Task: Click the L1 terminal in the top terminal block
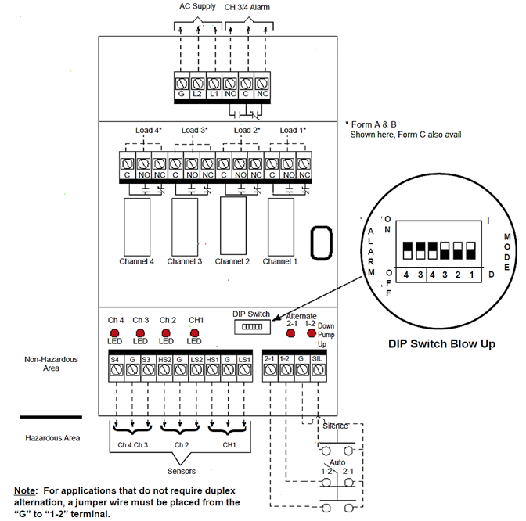214,81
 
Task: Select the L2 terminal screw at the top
197,81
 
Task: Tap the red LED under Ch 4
114,332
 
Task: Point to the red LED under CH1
196,332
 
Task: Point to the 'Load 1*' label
293,129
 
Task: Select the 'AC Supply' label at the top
197,7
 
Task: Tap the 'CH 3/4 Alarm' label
249,7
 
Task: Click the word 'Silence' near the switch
336,426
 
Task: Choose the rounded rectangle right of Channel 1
322,243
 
